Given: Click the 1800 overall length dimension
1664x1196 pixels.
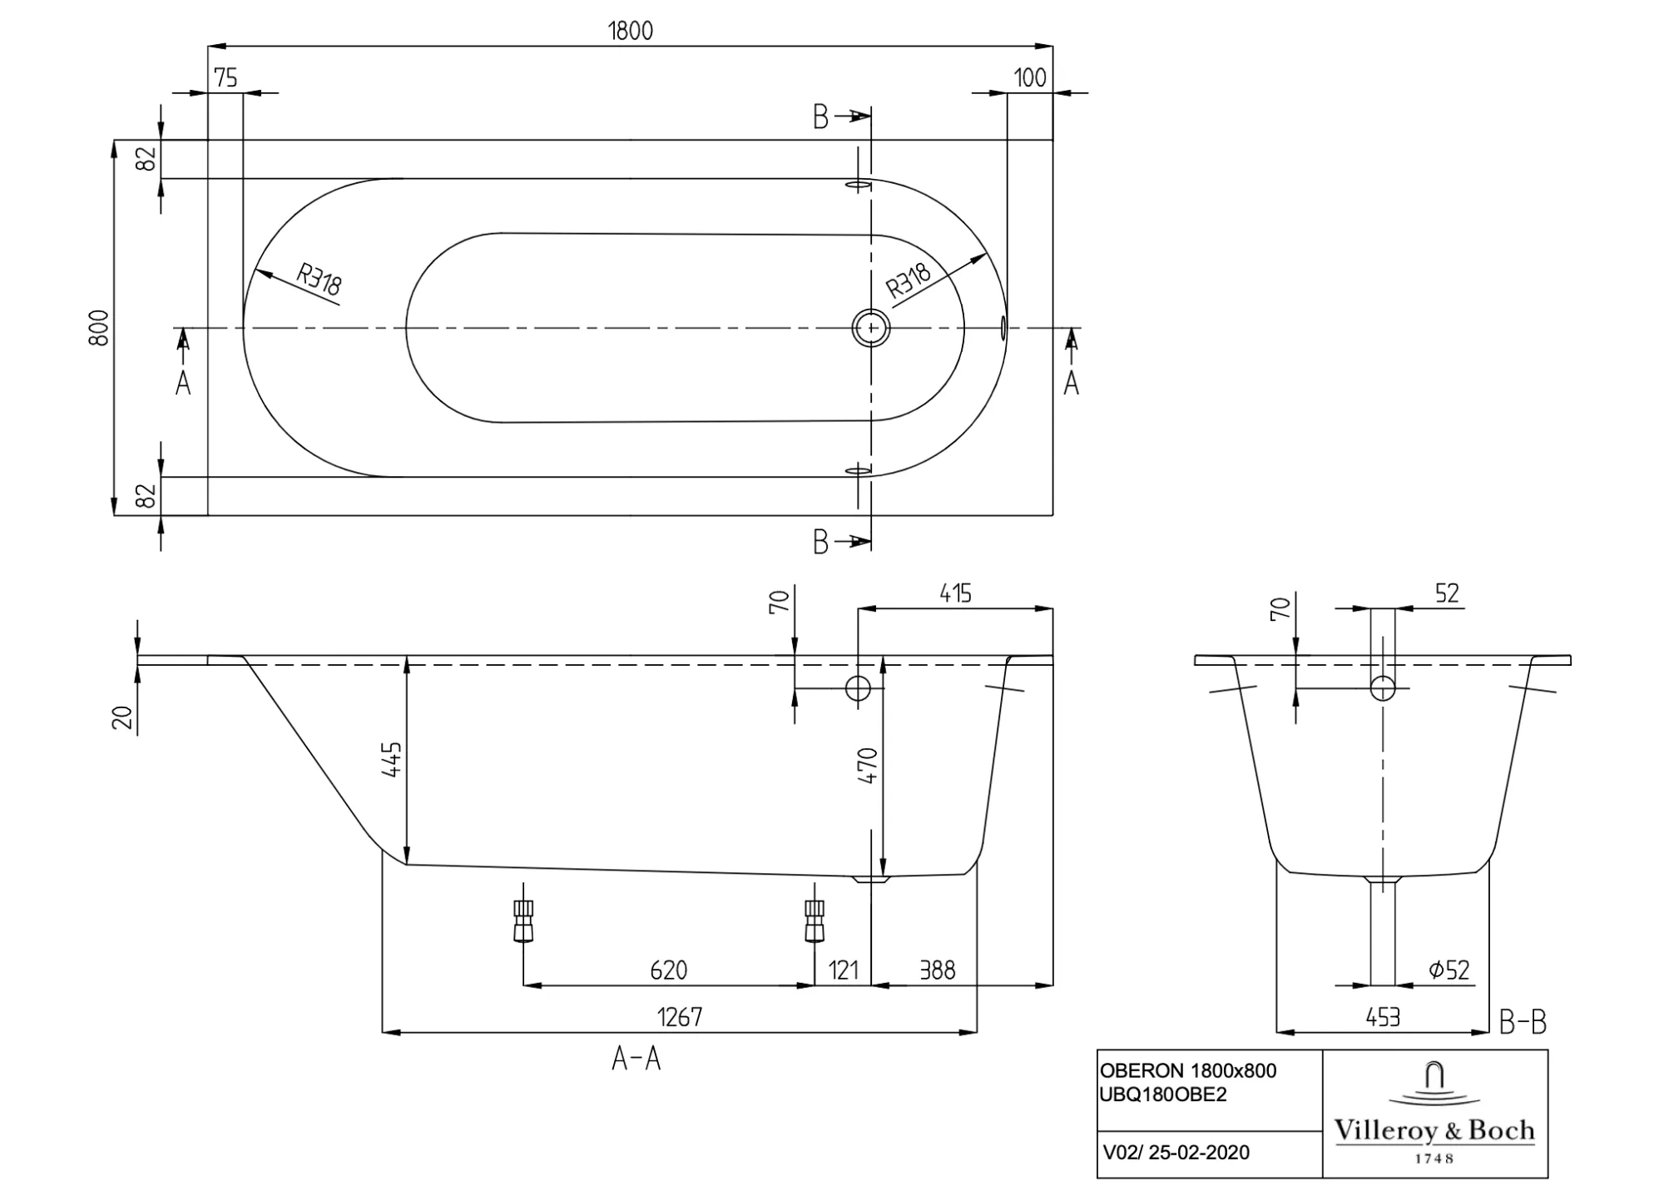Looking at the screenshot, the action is (x=631, y=31).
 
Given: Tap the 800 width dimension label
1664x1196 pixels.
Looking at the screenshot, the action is (x=99, y=327).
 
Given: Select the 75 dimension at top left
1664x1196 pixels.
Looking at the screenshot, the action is (x=225, y=78).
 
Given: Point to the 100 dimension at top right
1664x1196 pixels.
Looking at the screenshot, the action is (x=1029, y=78).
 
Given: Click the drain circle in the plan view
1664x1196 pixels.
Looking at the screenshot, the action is (x=871, y=328).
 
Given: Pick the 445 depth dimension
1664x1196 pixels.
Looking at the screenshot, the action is (x=392, y=759).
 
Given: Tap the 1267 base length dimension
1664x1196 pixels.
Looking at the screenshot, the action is (x=680, y=1017).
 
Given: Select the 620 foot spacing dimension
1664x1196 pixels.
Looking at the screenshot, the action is (x=668, y=970).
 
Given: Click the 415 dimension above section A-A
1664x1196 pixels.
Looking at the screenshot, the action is (x=955, y=593).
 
